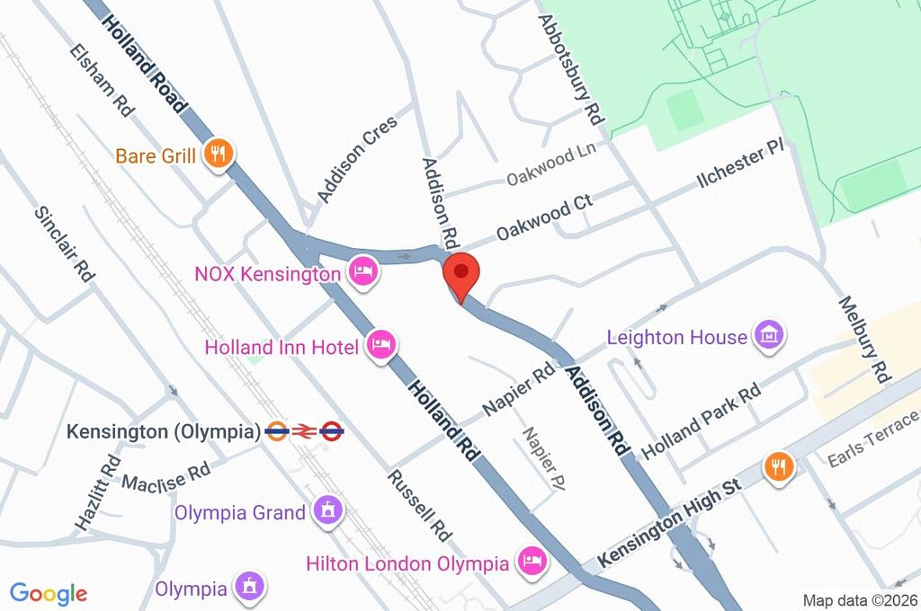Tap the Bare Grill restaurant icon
[x=217, y=155]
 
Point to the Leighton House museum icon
[x=770, y=337]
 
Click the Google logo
[x=48, y=593]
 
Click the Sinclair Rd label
[x=65, y=244]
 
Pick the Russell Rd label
[x=419, y=505]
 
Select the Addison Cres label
[x=351, y=159]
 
